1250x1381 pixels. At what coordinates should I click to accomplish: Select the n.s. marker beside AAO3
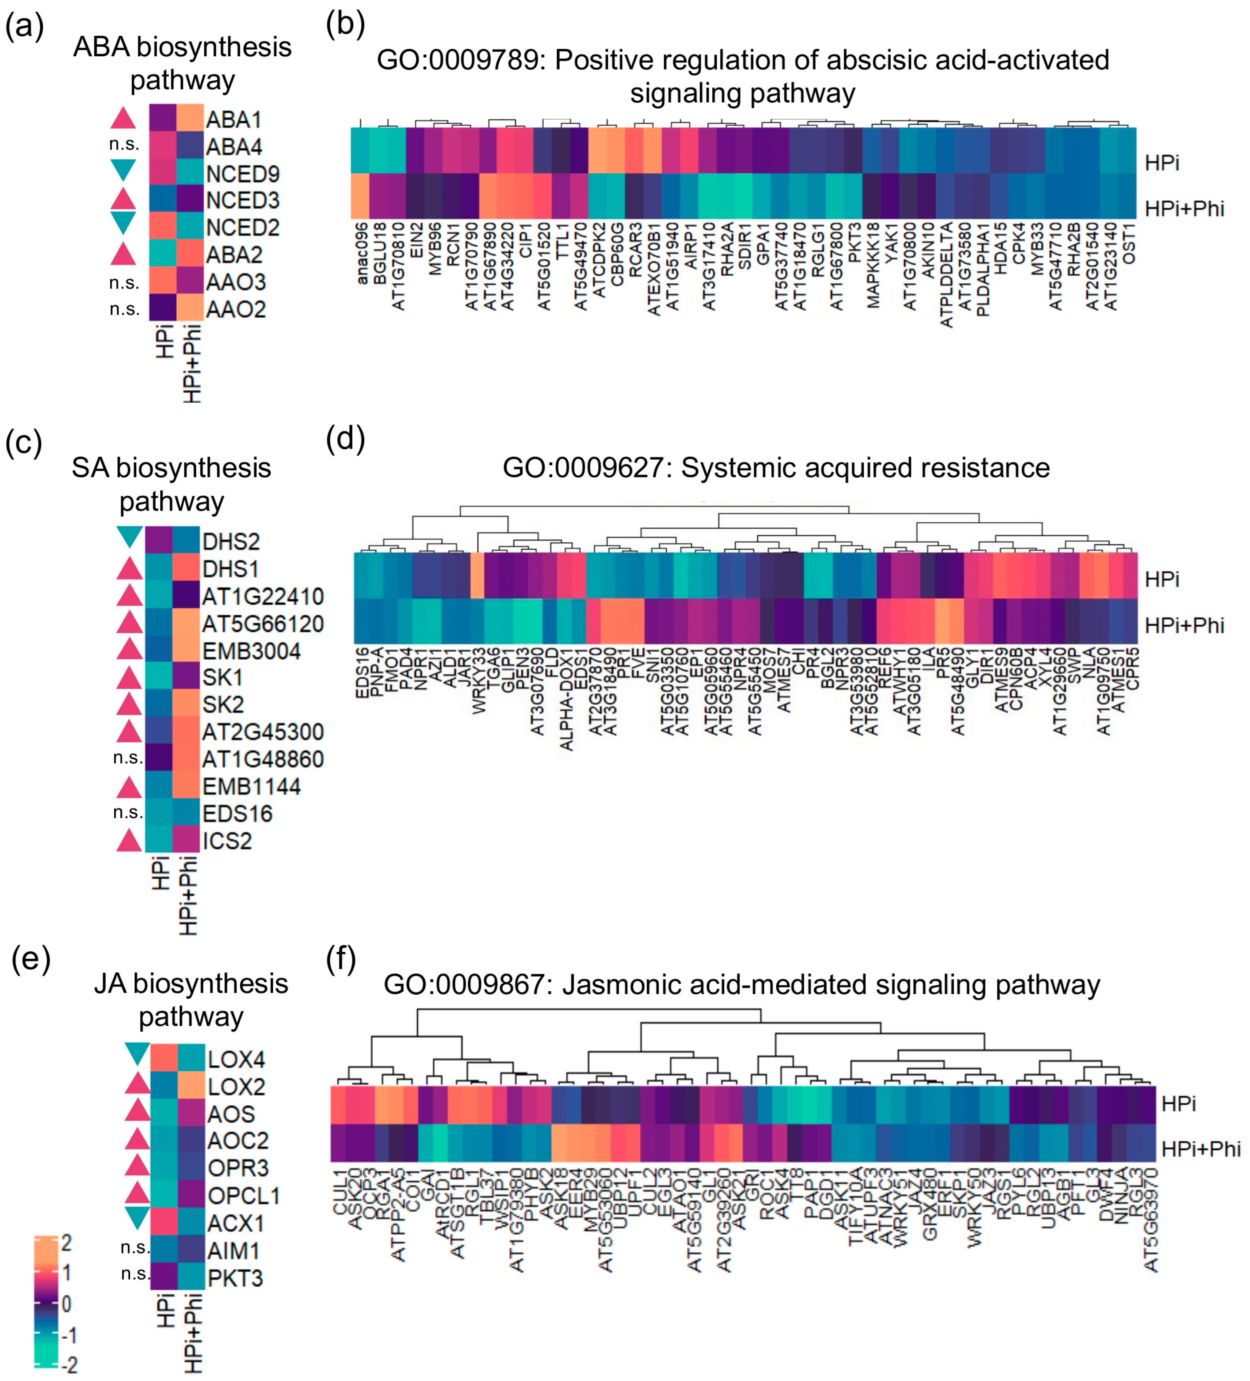click(x=124, y=282)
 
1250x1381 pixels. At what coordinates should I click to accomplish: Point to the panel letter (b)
click(x=345, y=25)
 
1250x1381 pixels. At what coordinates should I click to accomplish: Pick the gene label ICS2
click(x=227, y=841)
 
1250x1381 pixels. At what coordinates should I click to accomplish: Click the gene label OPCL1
click(x=244, y=1195)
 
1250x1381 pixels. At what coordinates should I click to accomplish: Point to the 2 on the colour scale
click(x=66, y=1242)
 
